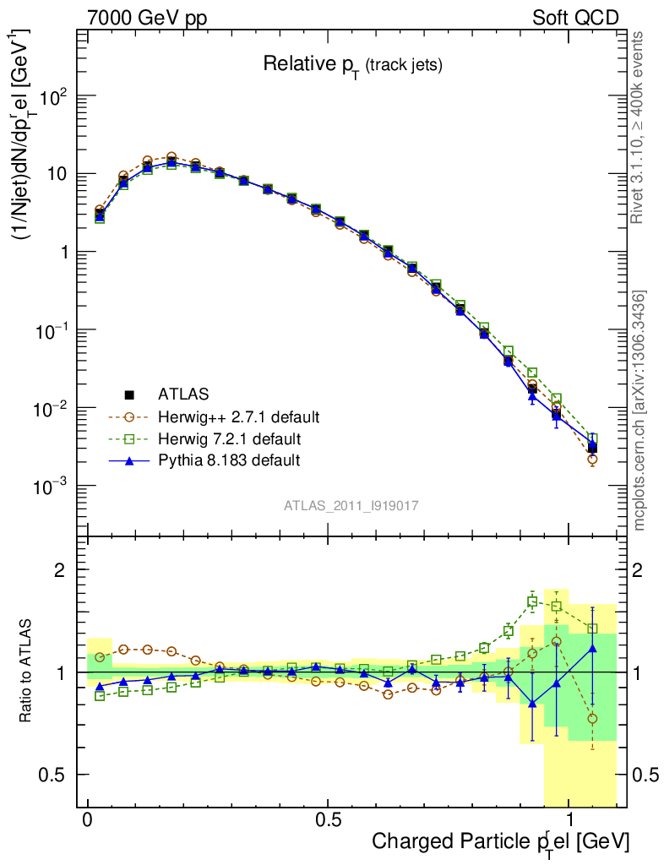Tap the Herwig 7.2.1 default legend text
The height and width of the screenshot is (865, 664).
coord(230,439)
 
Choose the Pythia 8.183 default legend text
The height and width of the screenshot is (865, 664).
coord(229,461)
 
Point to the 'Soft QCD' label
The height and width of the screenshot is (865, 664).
coord(575,18)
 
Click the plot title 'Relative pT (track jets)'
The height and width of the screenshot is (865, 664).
coord(352,65)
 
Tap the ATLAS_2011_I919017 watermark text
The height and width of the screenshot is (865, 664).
coord(351,505)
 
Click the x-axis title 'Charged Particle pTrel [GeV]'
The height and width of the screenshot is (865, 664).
coord(500,841)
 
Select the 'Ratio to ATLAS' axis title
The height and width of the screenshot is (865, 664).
coord(26,672)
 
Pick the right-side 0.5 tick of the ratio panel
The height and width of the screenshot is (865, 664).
coord(646,775)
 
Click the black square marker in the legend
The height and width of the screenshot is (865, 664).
coord(130,394)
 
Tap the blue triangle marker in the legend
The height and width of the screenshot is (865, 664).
coord(130,460)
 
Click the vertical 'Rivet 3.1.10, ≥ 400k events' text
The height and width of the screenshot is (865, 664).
coord(639,128)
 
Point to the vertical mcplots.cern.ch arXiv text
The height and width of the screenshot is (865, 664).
coord(640,411)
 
